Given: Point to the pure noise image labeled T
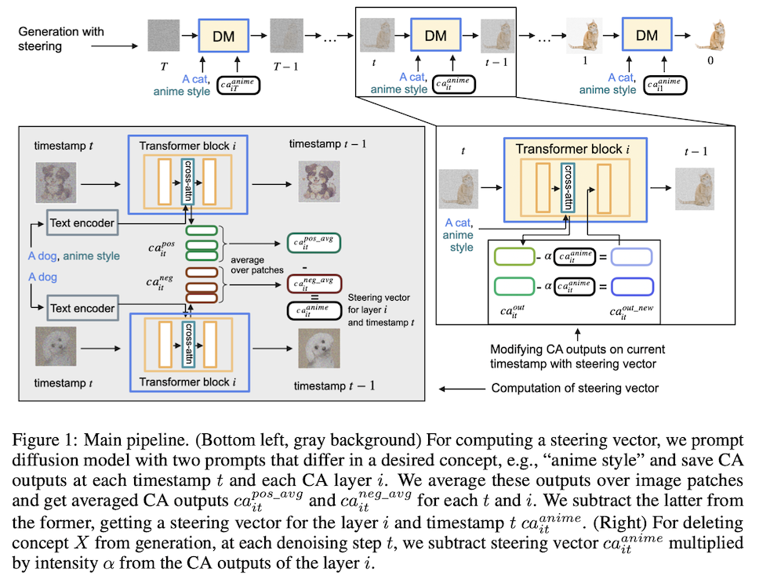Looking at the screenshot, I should pos(163,35).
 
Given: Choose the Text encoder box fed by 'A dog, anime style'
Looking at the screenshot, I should pos(82,223).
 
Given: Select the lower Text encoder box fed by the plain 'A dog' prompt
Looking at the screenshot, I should pos(82,308).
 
